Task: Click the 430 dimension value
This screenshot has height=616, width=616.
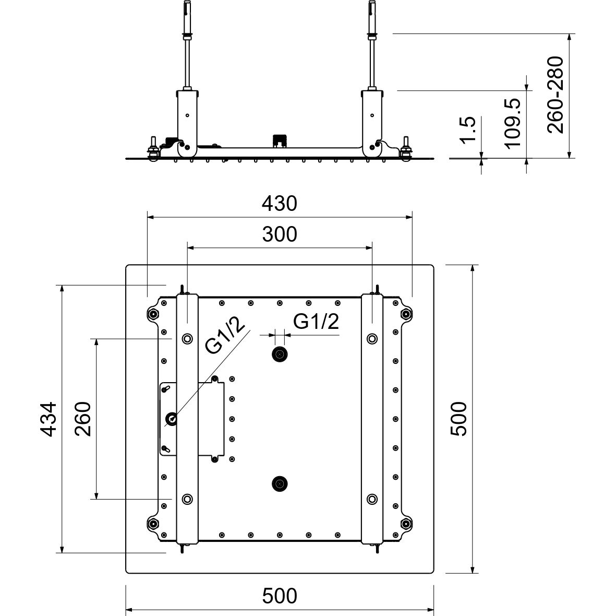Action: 280,204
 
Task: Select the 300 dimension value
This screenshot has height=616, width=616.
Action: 280,234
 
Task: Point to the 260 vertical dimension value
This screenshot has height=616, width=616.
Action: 82,419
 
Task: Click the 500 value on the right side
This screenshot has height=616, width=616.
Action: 459,419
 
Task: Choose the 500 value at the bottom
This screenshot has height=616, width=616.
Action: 280,595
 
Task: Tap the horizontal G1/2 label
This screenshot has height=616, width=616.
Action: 316,321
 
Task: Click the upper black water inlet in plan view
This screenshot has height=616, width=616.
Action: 280,355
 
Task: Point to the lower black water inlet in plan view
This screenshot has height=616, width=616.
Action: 280,484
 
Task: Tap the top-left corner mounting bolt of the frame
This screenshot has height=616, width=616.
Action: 153,314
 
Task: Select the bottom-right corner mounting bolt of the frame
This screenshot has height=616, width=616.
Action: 405,524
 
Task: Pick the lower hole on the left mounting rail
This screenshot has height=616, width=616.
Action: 186,499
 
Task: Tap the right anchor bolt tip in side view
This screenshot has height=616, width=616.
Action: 372,6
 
